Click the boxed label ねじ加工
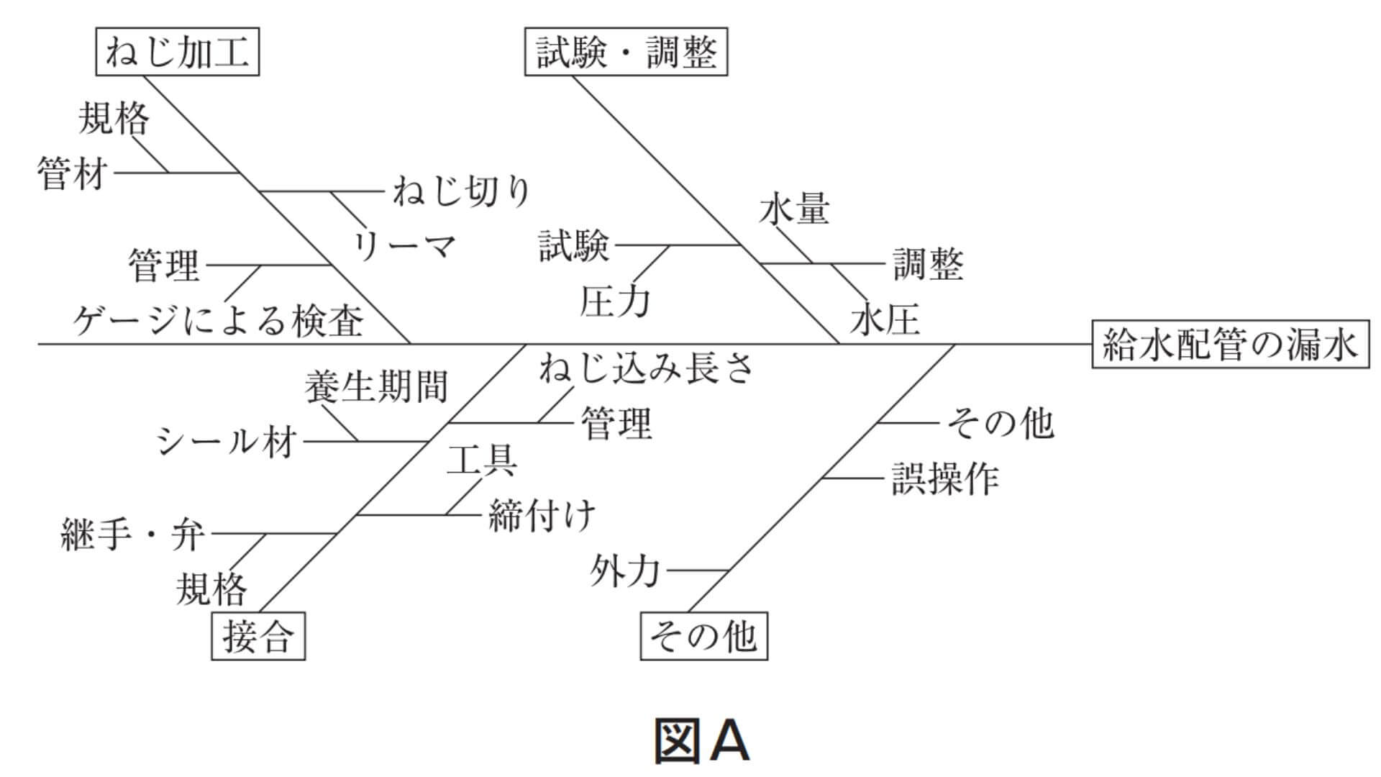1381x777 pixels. pyautogui.click(x=177, y=53)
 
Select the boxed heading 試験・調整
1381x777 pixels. pyautogui.click(x=626, y=53)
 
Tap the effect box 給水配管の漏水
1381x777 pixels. pyautogui.click(x=1230, y=345)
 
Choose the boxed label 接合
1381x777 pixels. pyautogui.click(x=257, y=636)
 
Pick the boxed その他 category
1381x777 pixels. pyautogui.click(x=703, y=636)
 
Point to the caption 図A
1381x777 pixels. pyautogui.click(x=701, y=741)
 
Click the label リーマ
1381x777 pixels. pyautogui.click(x=404, y=247)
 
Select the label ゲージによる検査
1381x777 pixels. pyautogui.click(x=218, y=320)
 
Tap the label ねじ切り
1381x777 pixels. pyautogui.click(x=461, y=191)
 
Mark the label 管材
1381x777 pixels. pyautogui.click(x=73, y=174)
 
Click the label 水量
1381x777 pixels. pyautogui.click(x=794, y=209)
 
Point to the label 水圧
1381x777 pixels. pyautogui.click(x=885, y=319)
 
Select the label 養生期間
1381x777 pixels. pyautogui.click(x=376, y=387)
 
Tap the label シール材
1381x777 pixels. pyautogui.click(x=227, y=440)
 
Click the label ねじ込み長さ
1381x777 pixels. pyautogui.click(x=646, y=367)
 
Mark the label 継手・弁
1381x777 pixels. pyautogui.click(x=133, y=535)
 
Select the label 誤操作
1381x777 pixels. pyautogui.click(x=945, y=478)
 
